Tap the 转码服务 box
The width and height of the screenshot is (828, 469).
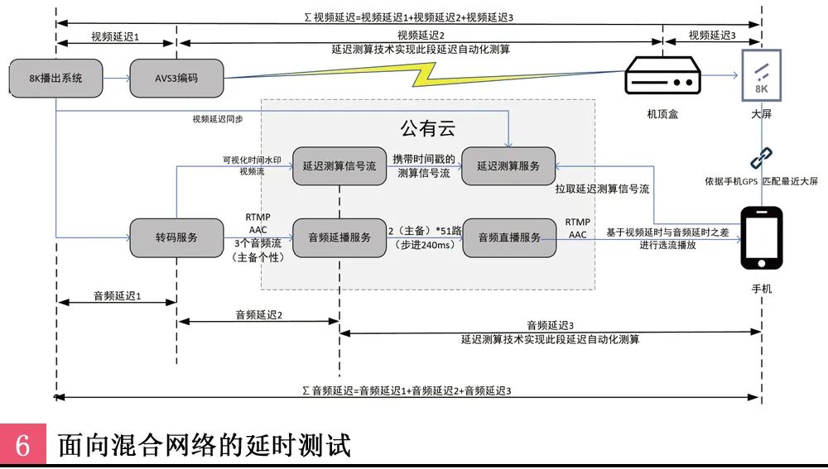click(176, 238)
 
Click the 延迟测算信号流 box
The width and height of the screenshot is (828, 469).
click(339, 166)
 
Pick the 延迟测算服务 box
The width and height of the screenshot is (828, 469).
click(508, 166)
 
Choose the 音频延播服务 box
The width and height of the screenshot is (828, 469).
click(339, 238)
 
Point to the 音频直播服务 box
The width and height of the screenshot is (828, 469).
click(508, 238)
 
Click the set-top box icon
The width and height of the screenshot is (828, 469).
click(662, 76)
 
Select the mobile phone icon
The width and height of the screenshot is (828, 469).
click(761, 237)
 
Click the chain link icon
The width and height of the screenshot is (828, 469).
click(761, 158)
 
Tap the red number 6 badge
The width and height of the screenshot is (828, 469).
click(22, 445)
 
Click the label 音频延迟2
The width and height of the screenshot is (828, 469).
click(258, 314)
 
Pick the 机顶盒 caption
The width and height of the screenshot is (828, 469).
click(662, 115)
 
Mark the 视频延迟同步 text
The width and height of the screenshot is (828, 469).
click(218, 119)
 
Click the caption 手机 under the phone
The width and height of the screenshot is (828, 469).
click(761, 290)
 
